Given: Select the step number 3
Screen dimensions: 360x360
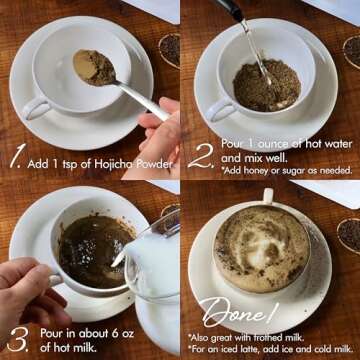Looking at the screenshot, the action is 18,339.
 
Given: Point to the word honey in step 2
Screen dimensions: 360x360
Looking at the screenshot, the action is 257,170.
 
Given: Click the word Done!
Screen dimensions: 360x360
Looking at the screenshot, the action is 239,312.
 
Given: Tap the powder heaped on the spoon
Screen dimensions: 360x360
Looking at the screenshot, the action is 94,67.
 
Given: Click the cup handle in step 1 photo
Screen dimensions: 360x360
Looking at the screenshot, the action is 36,107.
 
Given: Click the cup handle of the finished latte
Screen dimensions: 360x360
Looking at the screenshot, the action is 268,196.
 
